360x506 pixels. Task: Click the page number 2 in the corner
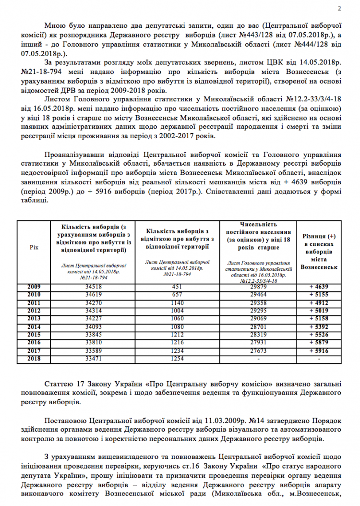click(x=339, y=8)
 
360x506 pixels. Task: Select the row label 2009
click(x=34, y=287)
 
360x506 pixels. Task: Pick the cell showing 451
click(x=178, y=287)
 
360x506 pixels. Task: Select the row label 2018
click(x=34, y=359)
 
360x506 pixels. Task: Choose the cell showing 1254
click(x=178, y=359)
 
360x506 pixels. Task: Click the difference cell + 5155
click(x=319, y=294)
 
